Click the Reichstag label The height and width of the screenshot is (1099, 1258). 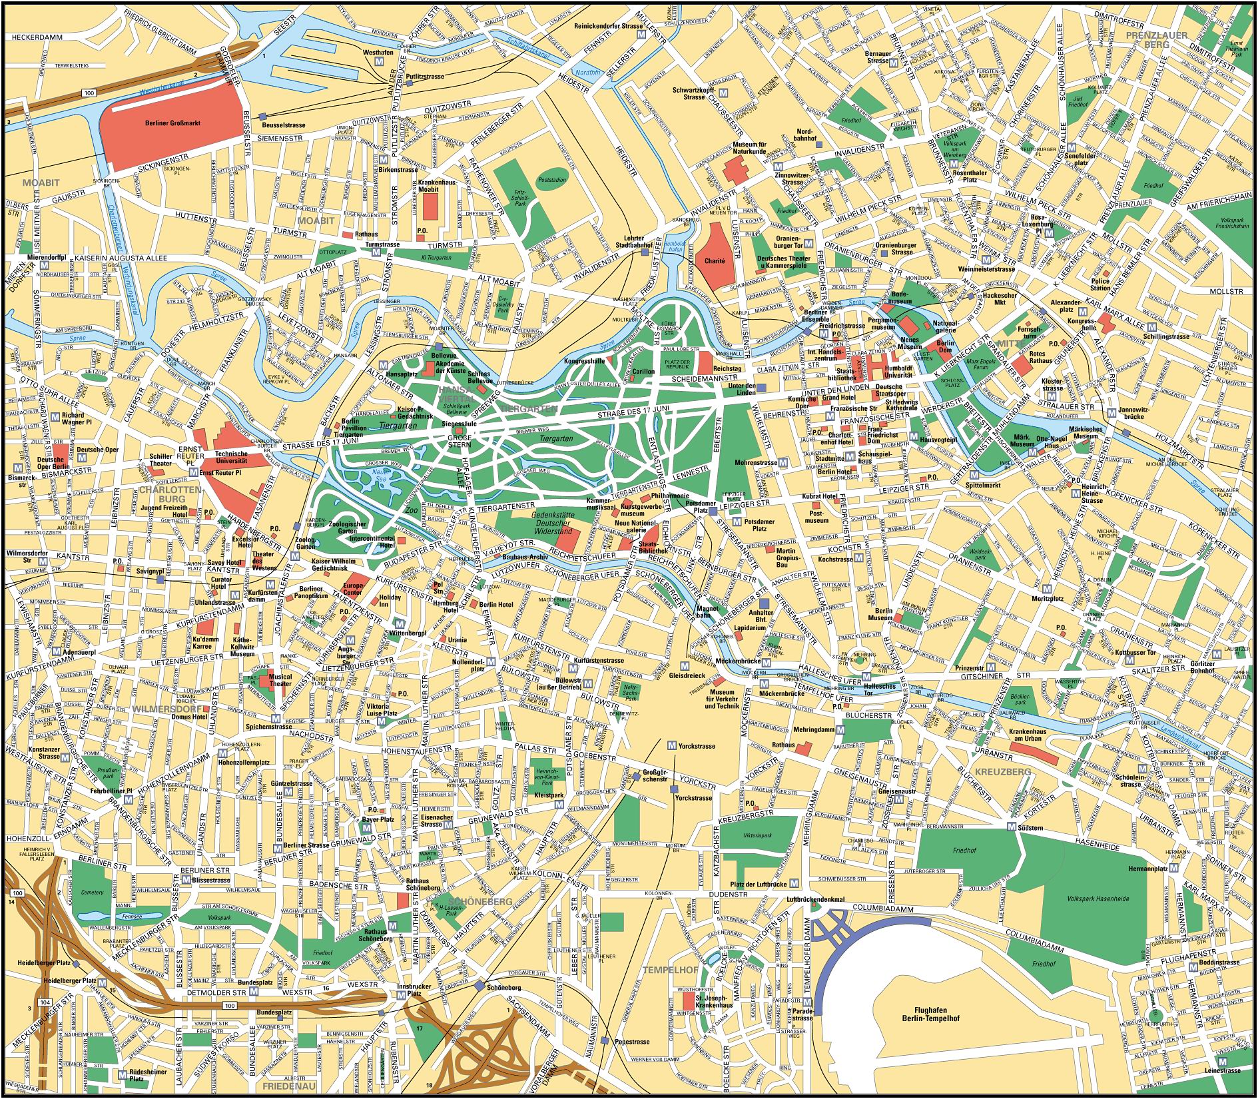point(727,368)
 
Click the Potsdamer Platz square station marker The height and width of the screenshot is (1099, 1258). point(713,512)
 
